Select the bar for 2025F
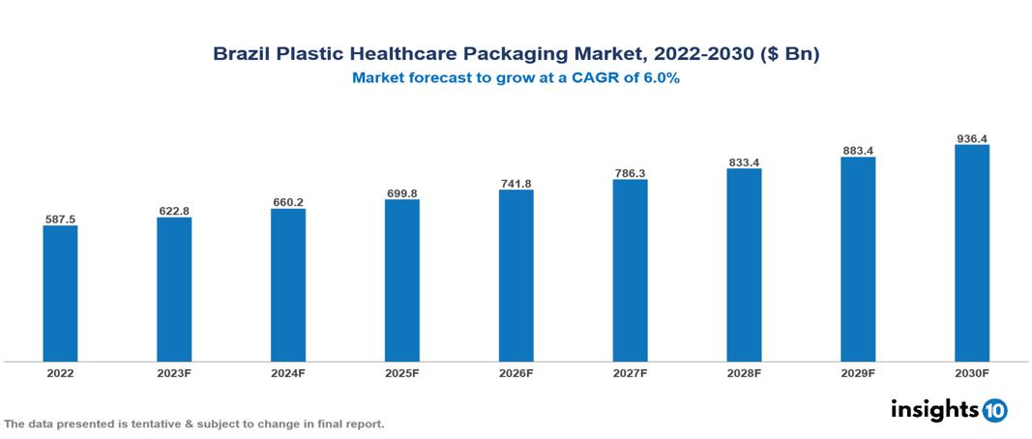[401, 280]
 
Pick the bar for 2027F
[630, 271]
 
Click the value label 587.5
[60, 219]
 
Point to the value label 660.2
[288, 202]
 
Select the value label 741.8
[516, 184]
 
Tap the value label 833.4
[744, 162]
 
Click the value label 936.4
[971, 138]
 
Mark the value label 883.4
[858, 151]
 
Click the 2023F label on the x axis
[174, 372]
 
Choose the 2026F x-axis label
[516, 372]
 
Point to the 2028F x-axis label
[744, 372]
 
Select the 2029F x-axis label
[858, 372]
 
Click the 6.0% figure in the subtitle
[659, 79]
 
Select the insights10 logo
[948, 410]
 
